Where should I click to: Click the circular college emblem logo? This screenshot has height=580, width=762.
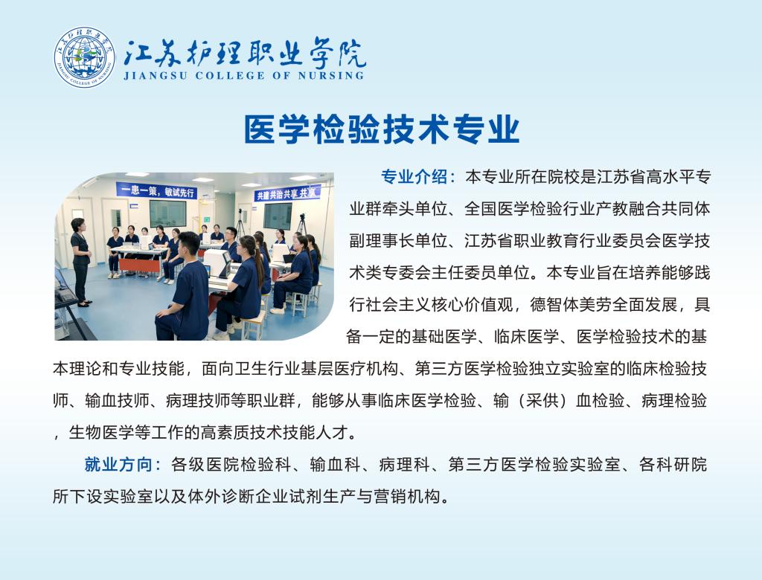pos(85,57)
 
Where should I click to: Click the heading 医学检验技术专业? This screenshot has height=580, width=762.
pos(382,129)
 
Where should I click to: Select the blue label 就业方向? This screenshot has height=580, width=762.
pos(118,465)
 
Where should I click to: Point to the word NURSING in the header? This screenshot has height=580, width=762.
pos(331,76)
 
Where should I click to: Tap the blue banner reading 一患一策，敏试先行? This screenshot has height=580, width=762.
pos(157,191)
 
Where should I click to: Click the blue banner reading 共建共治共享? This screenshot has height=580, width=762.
pos(288,193)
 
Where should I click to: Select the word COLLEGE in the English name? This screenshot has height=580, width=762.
pos(231,76)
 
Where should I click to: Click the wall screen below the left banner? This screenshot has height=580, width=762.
pos(167,213)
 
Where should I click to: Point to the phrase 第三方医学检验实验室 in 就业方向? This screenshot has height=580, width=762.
pos(534,465)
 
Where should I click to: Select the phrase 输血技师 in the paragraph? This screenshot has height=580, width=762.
pos(117,400)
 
